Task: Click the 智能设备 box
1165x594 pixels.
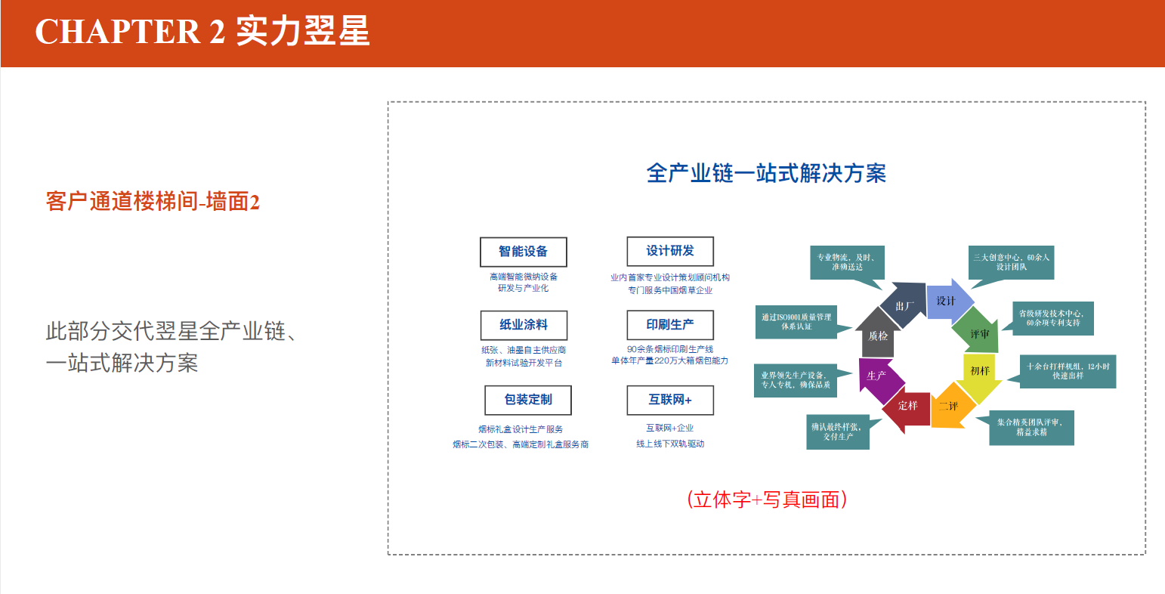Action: pos(523,252)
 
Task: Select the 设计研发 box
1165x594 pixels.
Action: pos(669,251)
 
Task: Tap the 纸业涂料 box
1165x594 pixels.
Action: pos(524,325)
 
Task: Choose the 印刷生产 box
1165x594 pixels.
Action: pos(669,325)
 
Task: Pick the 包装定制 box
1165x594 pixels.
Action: pos(528,400)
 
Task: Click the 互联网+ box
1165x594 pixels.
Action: pos(670,400)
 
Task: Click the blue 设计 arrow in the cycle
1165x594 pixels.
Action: pos(947,300)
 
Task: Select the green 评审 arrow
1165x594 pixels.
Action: pos(978,333)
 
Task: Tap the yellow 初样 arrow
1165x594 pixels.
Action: pos(980,372)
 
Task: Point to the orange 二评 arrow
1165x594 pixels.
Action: pos(950,407)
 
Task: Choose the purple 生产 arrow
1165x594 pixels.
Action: pos(876,376)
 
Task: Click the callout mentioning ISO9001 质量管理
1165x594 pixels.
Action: pos(796,322)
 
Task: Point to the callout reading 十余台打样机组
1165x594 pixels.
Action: pos(1068,371)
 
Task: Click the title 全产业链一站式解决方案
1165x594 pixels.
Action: pos(766,174)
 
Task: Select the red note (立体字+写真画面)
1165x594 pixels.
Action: pos(767,500)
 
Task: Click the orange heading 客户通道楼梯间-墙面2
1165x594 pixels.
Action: pos(153,202)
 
